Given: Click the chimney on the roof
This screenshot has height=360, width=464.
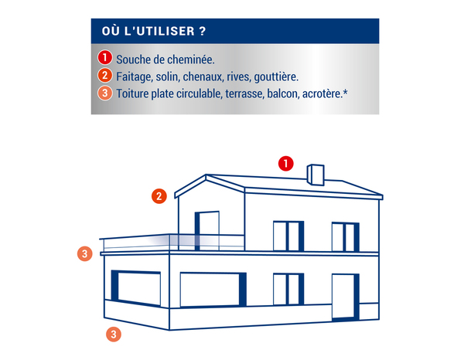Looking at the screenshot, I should click(x=315, y=174).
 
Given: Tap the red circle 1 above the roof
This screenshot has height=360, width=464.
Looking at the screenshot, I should click(x=286, y=163).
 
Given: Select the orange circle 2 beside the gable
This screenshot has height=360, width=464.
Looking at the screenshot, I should click(x=159, y=196).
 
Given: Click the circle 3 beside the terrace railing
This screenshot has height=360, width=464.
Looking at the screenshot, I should click(x=86, y=253).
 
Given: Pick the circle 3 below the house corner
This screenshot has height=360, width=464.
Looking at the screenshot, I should click(x=114, y=335).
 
